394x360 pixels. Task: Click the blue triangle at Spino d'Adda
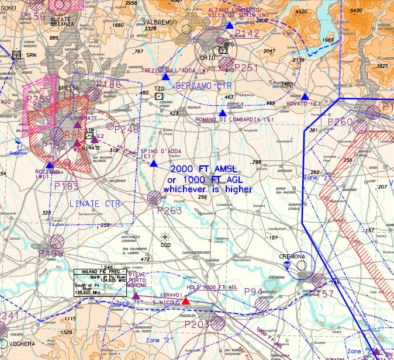tap(153, 164)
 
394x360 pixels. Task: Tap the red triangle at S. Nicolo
tap(185, 302)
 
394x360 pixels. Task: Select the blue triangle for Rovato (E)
tap(305, 96)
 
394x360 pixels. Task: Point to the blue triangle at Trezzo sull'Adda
tap(166, 77)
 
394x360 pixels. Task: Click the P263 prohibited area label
tap(170, 211)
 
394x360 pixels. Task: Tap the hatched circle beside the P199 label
tap(57, 240)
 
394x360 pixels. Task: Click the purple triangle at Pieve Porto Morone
tap(136, 296)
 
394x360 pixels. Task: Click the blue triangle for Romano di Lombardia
tap(222, 113)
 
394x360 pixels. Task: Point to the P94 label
tap(253, 292)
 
